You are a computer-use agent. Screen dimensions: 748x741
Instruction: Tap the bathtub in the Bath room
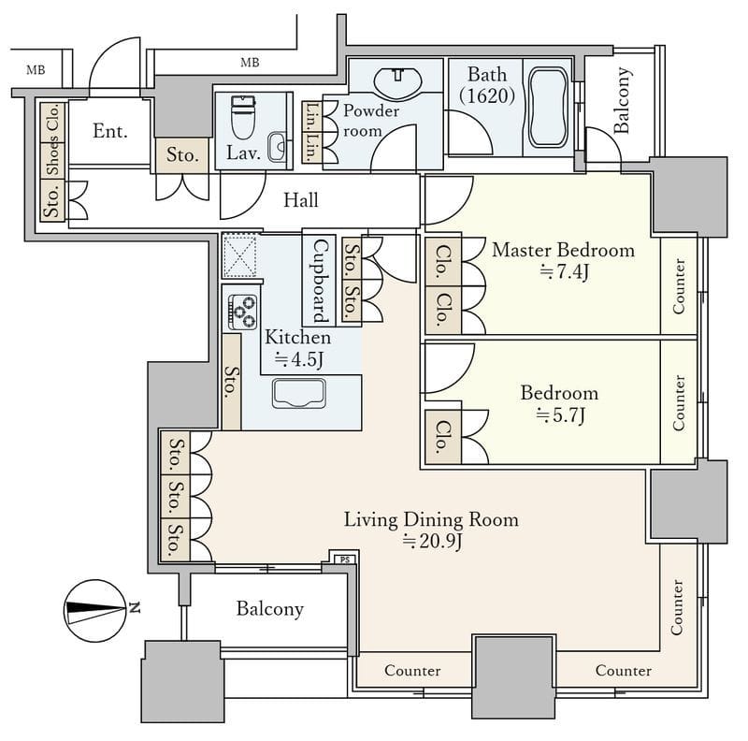pyautogui.click(x=548, y=108)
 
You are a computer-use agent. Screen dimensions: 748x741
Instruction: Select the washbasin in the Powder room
pyautogui.click(x=397, y=81)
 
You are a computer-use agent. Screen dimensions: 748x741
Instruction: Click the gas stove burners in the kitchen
pyautogui.click(x=243, y=312)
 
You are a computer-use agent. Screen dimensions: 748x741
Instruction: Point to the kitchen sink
pyautogui.click(x=299, y=393)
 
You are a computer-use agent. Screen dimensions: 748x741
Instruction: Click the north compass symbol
pyautogui.click(x=96, y=611)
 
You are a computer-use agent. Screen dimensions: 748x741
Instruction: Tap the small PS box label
pyautogui.click(x=345, y=559)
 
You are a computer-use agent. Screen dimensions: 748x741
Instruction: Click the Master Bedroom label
pyautogui.click(x=563, y=250)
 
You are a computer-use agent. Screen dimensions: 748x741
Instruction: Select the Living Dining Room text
pyautogui.click(x=431, y=519)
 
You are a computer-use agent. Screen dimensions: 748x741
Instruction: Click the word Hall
pyautogui.click(x=300, y=200)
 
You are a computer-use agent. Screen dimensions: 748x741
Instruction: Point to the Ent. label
pyautogui.click(x=110, y=131)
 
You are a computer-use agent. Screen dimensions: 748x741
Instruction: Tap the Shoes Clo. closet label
pyautogui.click(x=52, y=140)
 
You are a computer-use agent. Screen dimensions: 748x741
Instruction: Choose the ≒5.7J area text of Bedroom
pyautogui.click(x=560, y=415)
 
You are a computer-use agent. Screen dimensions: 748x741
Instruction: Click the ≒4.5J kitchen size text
pyautogui.click(x=299, y=359)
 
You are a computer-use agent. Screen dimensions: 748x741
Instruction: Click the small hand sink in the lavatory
pyautogui.click(x=277, y=147)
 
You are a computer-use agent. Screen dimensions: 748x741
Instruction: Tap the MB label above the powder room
pyautogui.click(x=250, y=63)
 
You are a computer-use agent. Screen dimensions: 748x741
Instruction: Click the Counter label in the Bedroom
pyautogui.click(x=679, y=402)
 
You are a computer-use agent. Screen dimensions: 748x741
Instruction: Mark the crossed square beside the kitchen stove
pyautogui.click(x=240, y=255)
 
